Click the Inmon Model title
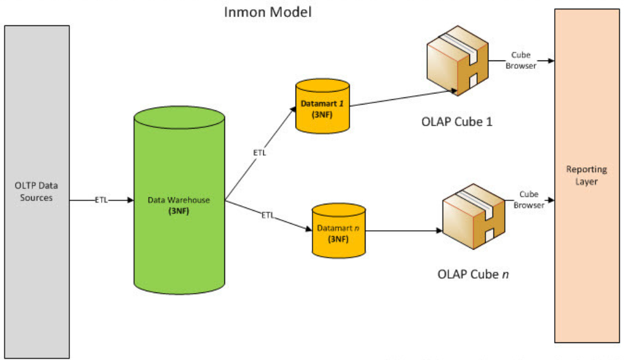click(269, 12)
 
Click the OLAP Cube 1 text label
click(456, 123)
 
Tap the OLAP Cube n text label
click(472, 274)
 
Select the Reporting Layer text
click(582, 175)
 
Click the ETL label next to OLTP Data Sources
click(102, 200)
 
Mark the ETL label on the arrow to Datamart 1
click(259, 153)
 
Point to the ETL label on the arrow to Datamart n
click(267, 216)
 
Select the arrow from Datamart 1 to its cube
click(402, 99)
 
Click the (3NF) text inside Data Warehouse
click(179, 210)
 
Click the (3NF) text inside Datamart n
click(337, 239)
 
